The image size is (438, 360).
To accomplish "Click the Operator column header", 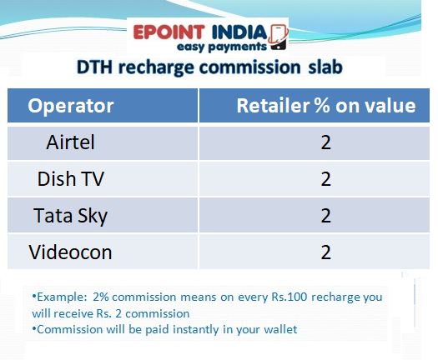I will click(71, 106).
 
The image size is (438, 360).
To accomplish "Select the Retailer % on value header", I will click(325, 106).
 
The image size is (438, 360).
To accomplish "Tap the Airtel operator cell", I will click(71, 142).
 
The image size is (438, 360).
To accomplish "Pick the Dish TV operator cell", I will click(72, 178).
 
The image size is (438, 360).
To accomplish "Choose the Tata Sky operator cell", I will click(71, 215).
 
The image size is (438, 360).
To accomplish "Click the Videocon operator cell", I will click(71, 251).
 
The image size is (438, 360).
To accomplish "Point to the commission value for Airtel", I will click(325, 142).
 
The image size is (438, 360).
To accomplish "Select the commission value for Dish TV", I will click(325, 178).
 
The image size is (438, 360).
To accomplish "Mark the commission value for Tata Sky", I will click(325, 215).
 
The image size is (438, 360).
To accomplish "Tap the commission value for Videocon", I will click(325, 251).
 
